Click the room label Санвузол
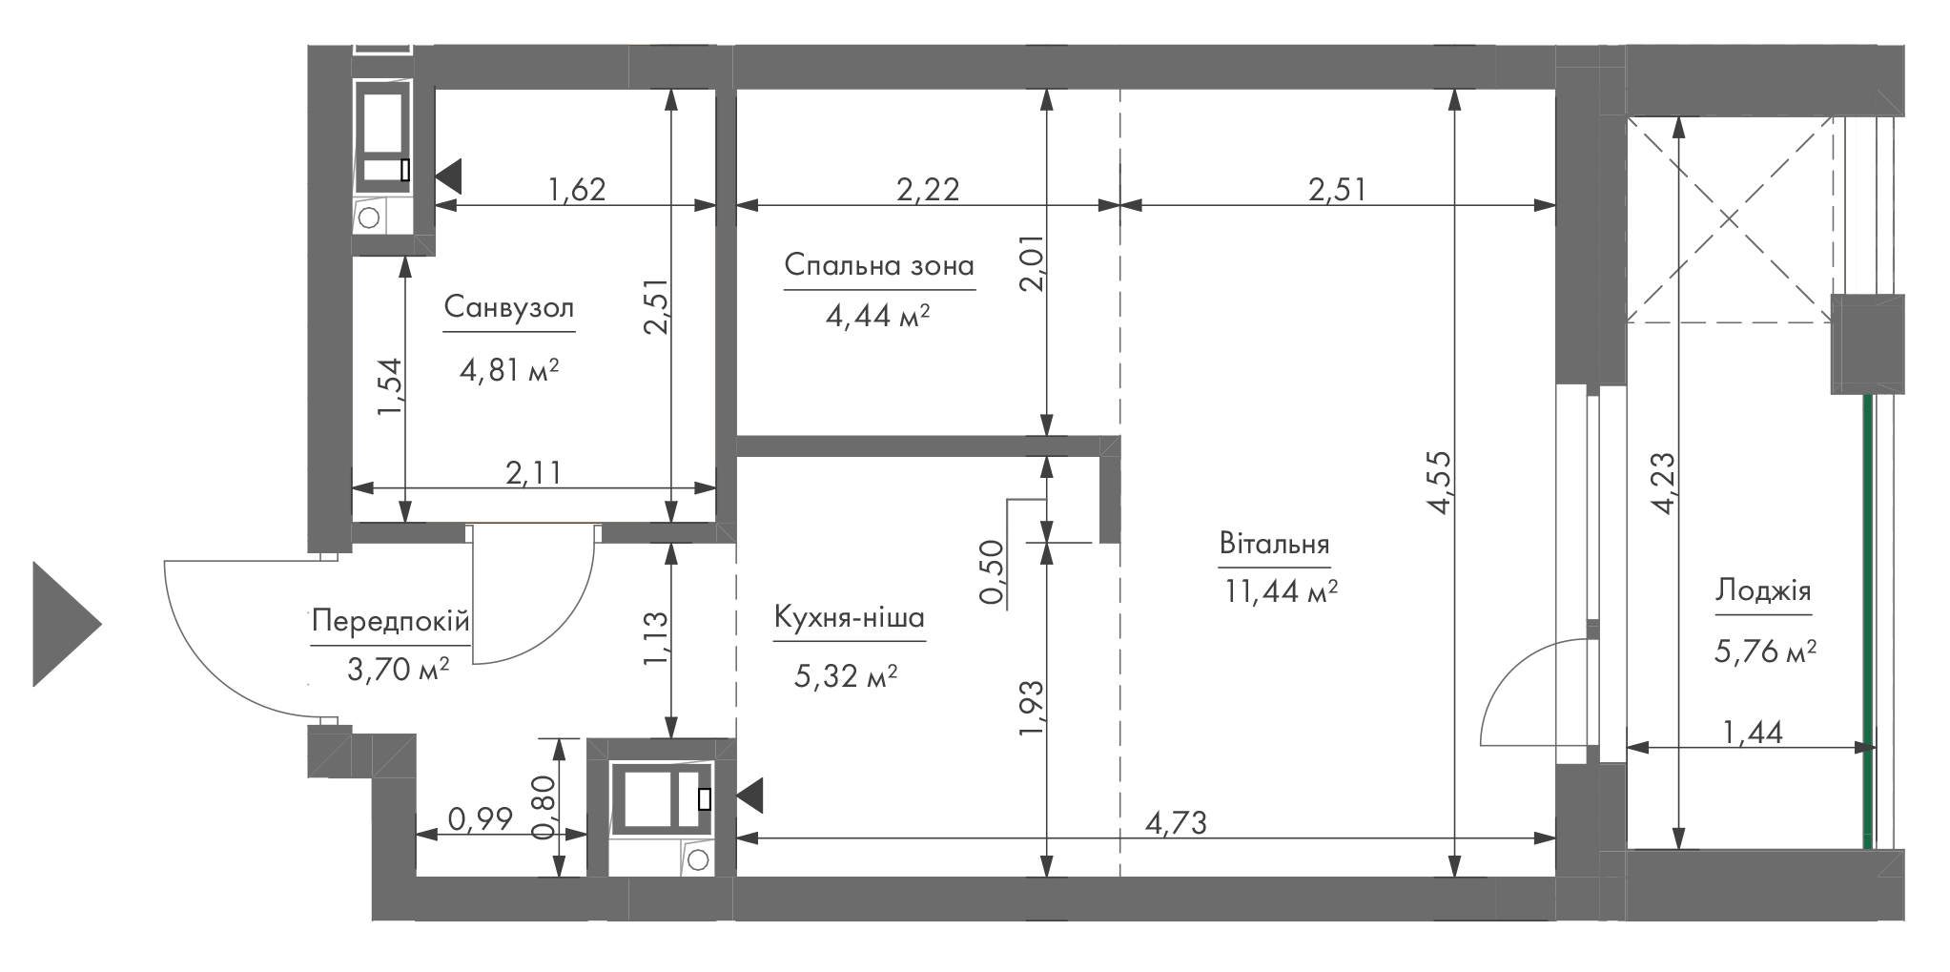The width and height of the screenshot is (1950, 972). click(509, 308)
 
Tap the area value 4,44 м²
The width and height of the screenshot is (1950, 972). click(877, 316)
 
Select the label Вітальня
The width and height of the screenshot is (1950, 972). click(1274, 545)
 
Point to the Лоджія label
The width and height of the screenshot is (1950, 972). click(1763, 591)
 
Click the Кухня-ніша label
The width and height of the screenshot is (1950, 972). click(849, 618)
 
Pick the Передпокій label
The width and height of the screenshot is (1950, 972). click(391, 623)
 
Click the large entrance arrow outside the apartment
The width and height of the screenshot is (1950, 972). click(67, 624)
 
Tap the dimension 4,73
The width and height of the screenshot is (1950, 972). click(1176, 821)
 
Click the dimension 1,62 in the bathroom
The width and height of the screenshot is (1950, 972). click(577, 189)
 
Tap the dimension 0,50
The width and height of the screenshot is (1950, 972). click(993, 572)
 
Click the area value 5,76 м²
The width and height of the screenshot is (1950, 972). click(1765, 652)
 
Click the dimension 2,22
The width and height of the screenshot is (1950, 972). click(928, 189)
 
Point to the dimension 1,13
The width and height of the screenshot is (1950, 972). click(657, 638)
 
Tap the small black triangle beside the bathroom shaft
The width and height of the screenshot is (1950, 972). click(448, 176)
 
